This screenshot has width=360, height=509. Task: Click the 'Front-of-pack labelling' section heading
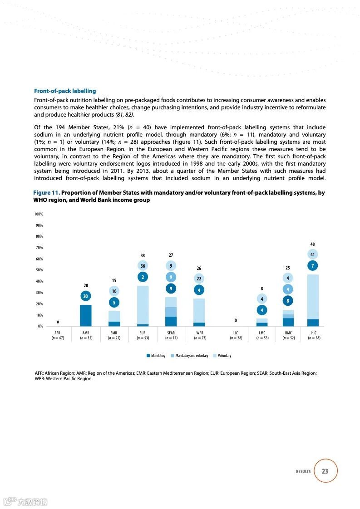[65, 91]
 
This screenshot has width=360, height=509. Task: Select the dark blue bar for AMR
[86, 315]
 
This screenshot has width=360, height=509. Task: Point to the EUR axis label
[142, 333]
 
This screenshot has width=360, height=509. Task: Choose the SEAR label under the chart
[171, 333]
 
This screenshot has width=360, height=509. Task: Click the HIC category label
[314, 333]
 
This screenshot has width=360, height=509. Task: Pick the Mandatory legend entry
[156, 356]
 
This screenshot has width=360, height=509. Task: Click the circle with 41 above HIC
[312, 254]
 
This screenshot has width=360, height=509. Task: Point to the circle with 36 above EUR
[143, 266]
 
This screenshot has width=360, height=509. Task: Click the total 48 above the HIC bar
[312, 245]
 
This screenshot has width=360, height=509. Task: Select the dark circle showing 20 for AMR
[86, 296]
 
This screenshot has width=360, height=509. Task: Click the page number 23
[325, 471]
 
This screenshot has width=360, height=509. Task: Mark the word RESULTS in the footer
[303, 472]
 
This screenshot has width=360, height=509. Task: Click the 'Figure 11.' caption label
[47, 193]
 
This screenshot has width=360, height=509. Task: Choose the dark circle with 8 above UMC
[288, 300]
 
